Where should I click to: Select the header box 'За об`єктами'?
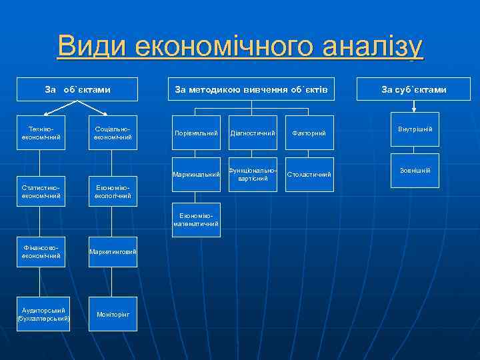tap(77, 89)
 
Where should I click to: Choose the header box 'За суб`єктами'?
tap(414, 89)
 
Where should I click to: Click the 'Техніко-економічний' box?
tap(41, 133)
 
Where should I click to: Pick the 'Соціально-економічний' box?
tap(113, 133)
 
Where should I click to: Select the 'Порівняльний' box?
tap(196, 134)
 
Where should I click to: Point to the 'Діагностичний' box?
tap(253, 134)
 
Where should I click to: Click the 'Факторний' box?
tap(309, 134)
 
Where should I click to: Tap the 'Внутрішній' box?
tap(415, 129)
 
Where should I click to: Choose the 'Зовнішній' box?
tap(415, 171)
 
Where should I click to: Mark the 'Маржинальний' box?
tap(196, 175)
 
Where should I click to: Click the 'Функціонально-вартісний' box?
tap(253, 175)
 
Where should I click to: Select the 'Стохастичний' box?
tap(309, 175)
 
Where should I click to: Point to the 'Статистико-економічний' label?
tap(41, 192)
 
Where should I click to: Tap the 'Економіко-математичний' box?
tap(196, 220)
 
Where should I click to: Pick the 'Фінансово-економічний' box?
tap(41, 251)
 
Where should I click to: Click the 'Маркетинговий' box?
tap(113, 251)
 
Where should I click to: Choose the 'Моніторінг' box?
tap(113, 314)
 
